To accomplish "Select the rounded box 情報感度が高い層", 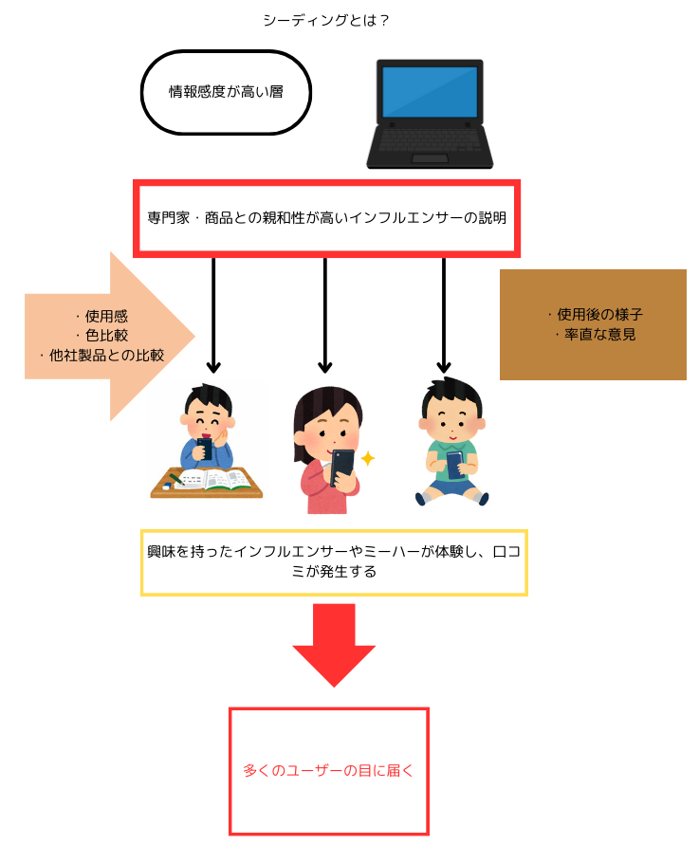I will pyautogui.click(x=226, y=92).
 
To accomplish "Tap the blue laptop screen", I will pyautogui.click(x=430, y=91).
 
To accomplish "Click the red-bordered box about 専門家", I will pyautogui.click(x=326, y=217).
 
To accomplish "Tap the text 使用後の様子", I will pyautogui.click(x=594, y=315).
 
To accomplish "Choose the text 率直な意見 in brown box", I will pyautogui.click(x=594, y=335).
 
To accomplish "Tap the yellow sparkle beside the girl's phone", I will pyautogui.click(x=367, y=459).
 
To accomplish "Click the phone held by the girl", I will pyautogui.click(x=343, y=463).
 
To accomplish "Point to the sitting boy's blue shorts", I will pyautogui.click(x=452, y=487).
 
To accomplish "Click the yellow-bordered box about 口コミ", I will pyautogui.click(x=334, y=562).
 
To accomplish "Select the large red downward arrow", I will pyautogui.click(x=334, y=644).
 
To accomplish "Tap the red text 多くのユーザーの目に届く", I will pyautogui.click(x=328, y=771).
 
